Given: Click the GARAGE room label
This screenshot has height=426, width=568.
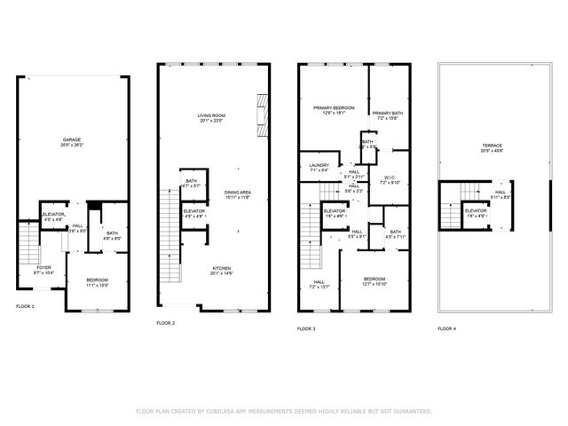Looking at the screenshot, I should tap(71, 140).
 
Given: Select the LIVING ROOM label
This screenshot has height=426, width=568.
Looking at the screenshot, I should tap(210, 115).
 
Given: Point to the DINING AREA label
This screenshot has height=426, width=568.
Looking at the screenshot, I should tap(236, 192).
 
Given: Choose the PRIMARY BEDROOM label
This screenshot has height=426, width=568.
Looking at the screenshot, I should tap(333, 108).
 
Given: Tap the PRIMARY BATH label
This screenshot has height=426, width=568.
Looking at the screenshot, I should tap(388, 113).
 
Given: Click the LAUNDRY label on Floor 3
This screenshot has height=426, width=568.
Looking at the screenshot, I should tap(319, 165).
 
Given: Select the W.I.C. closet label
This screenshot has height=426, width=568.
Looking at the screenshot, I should tap(390, 177).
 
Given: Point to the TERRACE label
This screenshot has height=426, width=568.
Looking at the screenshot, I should tap(492, 146).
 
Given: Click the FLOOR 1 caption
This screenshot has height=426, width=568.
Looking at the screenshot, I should tap(26, 305).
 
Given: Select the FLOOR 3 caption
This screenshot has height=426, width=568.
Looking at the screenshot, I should tap(307, 328).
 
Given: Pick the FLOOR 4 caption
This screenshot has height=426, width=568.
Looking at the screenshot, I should tap(446, 328).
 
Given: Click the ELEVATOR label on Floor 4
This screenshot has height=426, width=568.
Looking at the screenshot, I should tap(475, 210).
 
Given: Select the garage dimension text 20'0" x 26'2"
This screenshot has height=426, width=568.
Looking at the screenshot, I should tap(71, 146).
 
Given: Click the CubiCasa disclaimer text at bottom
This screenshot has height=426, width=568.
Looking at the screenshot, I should tap(284, 411).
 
